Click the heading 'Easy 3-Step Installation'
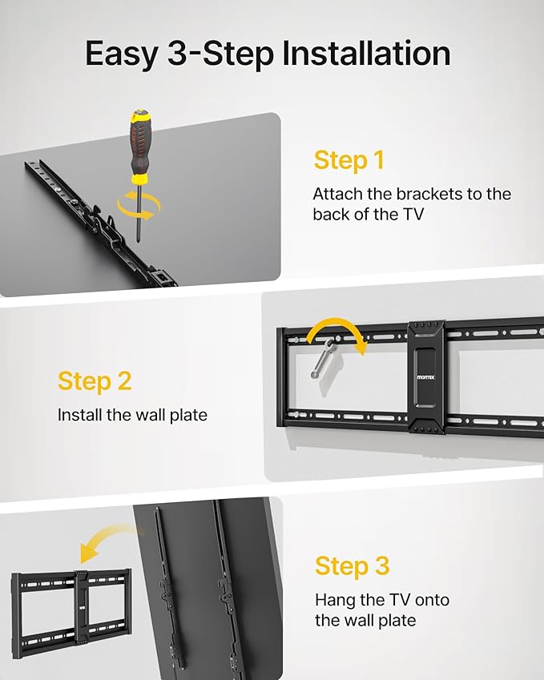click(268, 54)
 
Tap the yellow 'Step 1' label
click(349, 160)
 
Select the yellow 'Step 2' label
click(95, 381)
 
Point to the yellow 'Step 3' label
click(352, 566)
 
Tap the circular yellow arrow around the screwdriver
click(138, 206)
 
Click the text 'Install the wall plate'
click(132, 415)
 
